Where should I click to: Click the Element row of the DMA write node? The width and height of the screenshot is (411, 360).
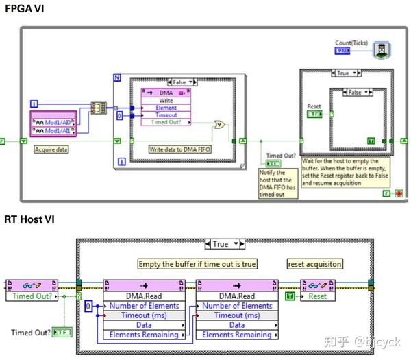pyautogui.click(x=165, y=107)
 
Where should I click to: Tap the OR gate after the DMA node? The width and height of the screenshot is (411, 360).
pyautogui.click(x=220, y=124)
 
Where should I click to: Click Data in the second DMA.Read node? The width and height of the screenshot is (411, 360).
pyautogui.click(x=237, y=325)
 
